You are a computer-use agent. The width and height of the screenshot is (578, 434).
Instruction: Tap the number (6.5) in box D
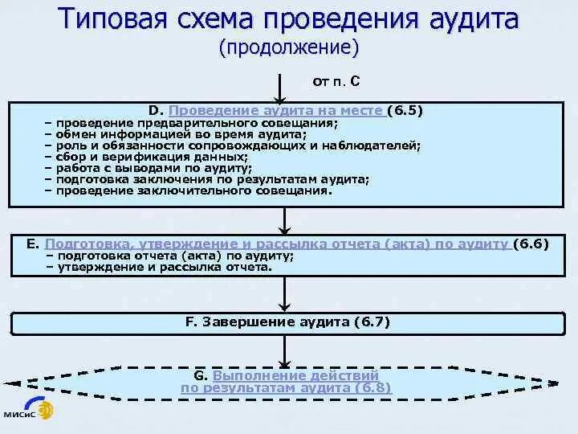(x=405, y=110)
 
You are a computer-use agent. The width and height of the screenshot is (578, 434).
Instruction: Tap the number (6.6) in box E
(x=531, y=243)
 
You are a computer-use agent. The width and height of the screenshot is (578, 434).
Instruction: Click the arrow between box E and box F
(x=282, y=296)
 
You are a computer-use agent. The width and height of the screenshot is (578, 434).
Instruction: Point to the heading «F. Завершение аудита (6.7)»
(x=287, y=321)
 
